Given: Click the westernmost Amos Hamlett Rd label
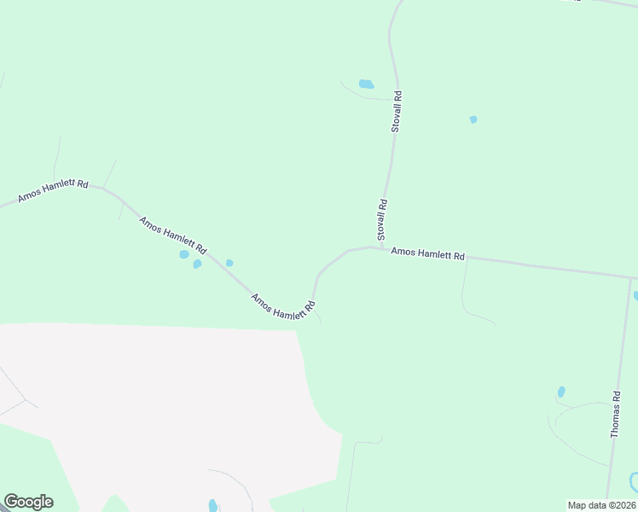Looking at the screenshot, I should pos(53,191).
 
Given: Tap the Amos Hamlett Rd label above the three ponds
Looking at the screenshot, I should pos(172,236).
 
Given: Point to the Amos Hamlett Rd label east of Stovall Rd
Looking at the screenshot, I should pos(427,254).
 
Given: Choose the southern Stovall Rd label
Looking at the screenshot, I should pos(383,218).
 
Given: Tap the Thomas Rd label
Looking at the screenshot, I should pos(616,415).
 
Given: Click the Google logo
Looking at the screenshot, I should pos(28,502).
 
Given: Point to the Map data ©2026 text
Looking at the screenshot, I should pos(601,505).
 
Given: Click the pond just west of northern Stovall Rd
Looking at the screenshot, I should pos(366,84).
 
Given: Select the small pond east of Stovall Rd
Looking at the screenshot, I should pos(473,119).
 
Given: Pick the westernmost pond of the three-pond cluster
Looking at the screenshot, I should pos(184,254).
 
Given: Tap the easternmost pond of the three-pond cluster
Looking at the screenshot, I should pos(229,263).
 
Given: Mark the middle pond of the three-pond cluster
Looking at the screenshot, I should pos(197,264).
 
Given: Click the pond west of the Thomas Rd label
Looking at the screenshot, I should pos(561,392).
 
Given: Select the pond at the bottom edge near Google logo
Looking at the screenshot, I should pos(212,505).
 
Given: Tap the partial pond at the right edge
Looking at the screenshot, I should pos(635,296).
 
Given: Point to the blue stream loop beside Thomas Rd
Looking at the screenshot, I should pos(632,483).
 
